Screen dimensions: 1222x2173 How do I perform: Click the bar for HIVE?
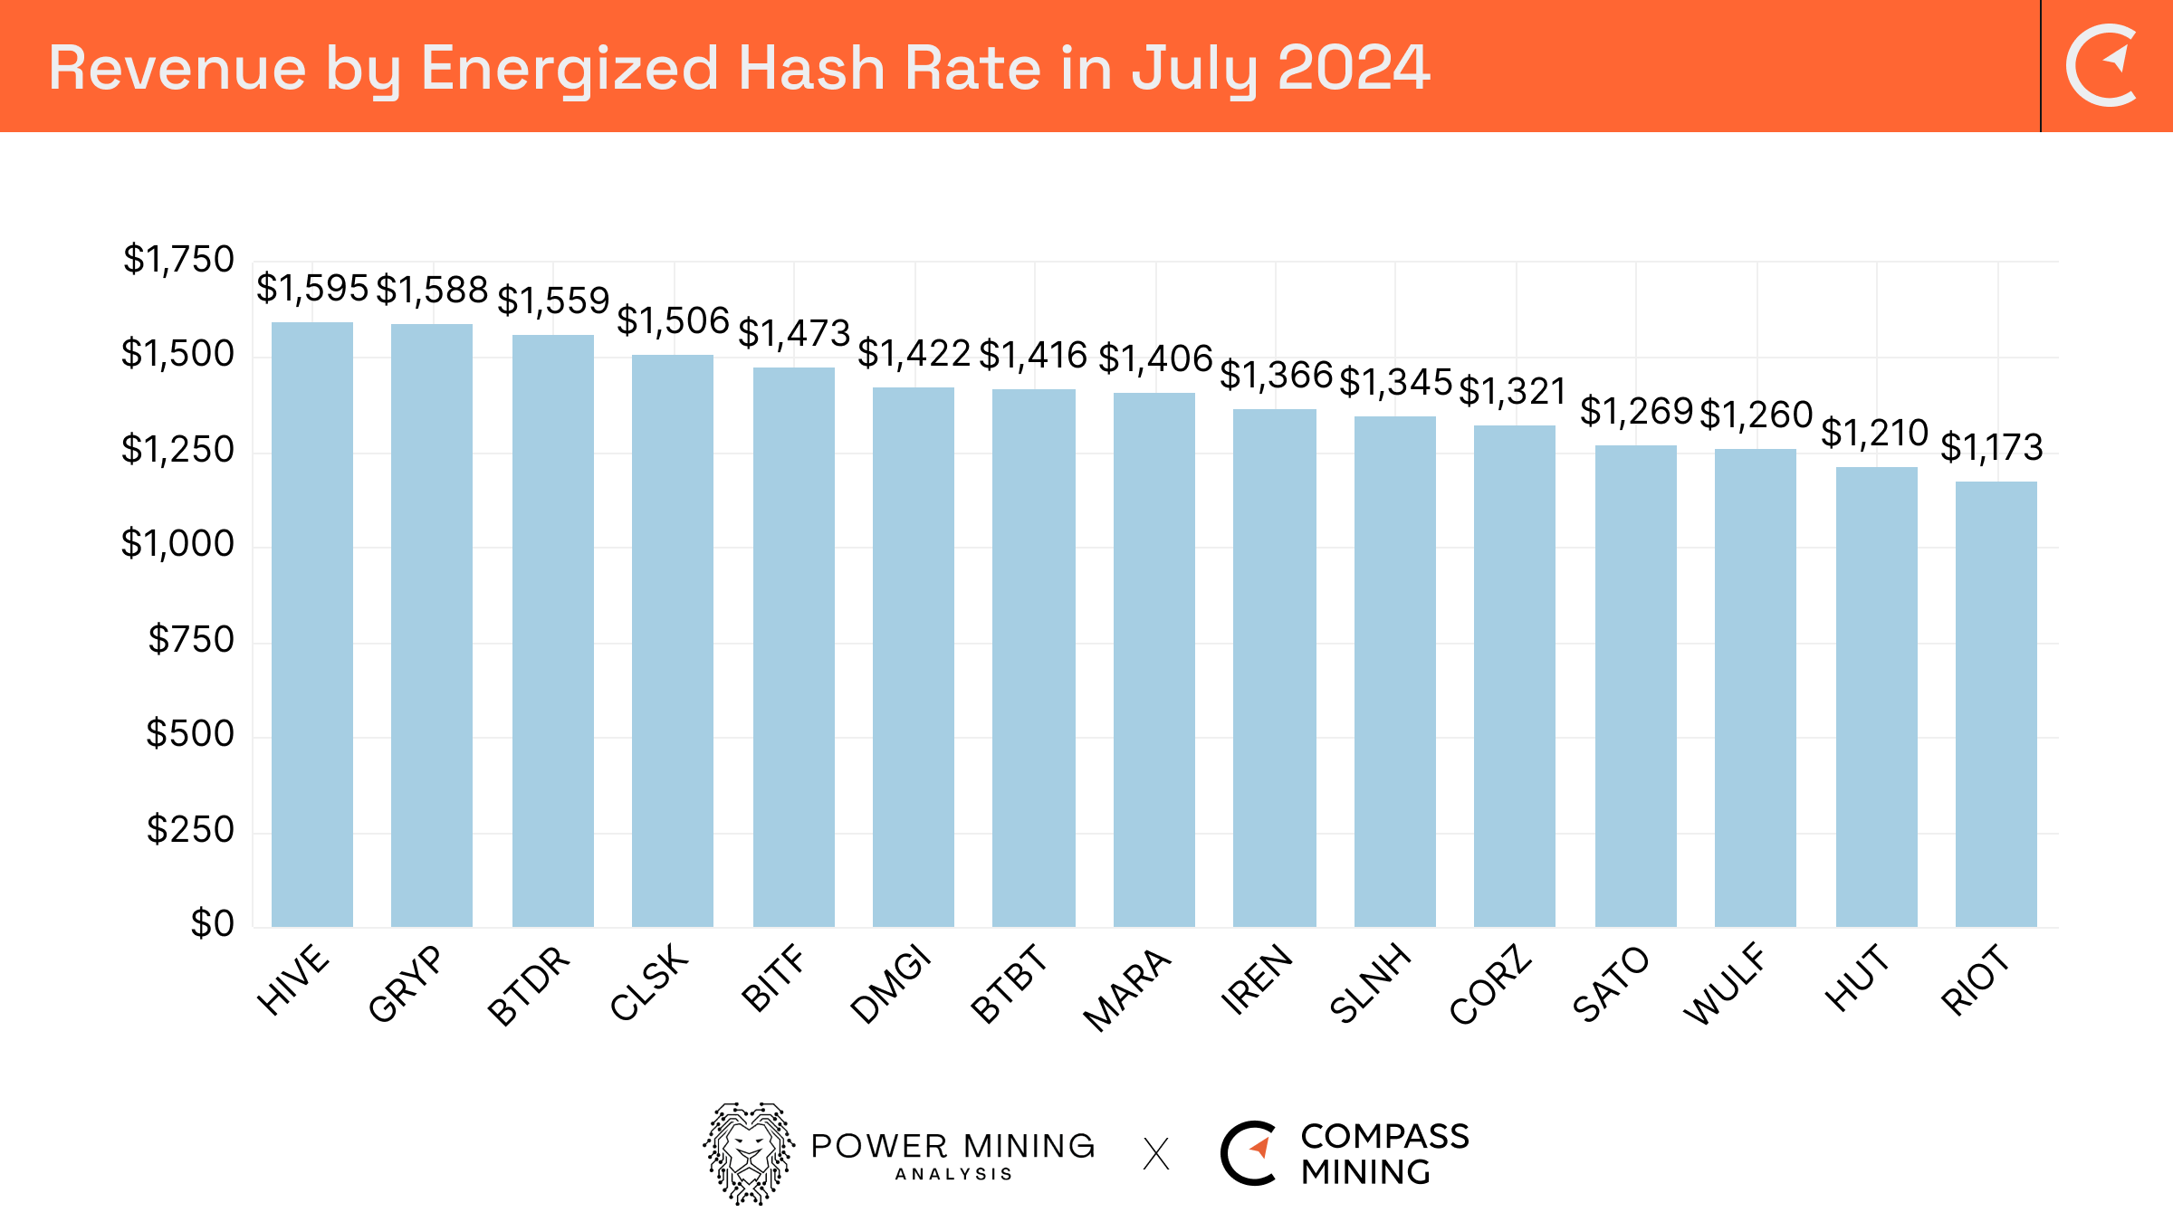[x=312, y=625]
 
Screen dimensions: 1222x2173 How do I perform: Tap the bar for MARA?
[x=1154, y=660]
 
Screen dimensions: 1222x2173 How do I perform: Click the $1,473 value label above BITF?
[x=794, y=333]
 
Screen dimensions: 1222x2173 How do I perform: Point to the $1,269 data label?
[x=1636, y=411]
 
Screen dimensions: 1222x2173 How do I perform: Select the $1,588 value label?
[x=432, y=290]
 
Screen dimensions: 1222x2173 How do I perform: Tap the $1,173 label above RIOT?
[x=1991, y=447]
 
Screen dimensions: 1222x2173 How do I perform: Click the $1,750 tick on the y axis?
[x=178, y=260]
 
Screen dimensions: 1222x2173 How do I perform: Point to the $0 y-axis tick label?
[x=212, y=923]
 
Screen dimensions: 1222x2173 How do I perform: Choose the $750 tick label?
[x=191, y=640]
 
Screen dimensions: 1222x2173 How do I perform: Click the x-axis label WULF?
[x=1724, y=983]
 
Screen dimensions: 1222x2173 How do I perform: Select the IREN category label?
[x=1256, y=979]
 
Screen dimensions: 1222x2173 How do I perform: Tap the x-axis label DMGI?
[x=891, y=983]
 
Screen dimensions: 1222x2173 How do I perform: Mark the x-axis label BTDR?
[x=529, y=985]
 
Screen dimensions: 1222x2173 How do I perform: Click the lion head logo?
[x=749, y=1153]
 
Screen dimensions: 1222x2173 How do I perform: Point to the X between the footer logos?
[x=1156, y=1154]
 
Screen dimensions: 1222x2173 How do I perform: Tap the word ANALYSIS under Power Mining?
[x=953, y=1174]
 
